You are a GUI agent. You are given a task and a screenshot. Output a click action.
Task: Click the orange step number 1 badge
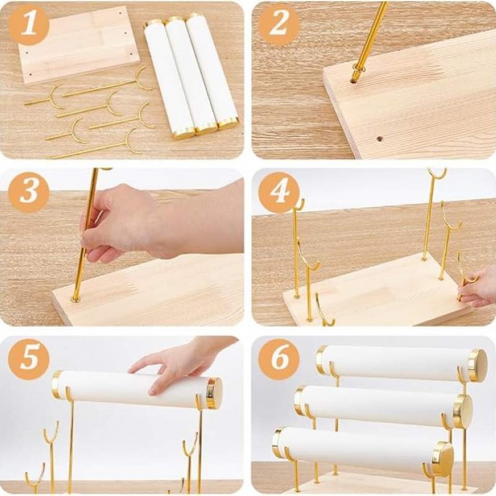coord(29,25)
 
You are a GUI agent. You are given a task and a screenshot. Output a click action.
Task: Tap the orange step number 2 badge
coord(278,25)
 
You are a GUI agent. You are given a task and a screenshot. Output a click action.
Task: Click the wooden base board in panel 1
coord(79,45)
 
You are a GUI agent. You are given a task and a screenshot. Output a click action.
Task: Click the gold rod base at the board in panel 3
coord(76,298)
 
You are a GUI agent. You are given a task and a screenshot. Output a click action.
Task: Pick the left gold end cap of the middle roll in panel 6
coord(299,399)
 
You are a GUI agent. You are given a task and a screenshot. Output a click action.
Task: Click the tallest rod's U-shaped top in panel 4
coord(436,172)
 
